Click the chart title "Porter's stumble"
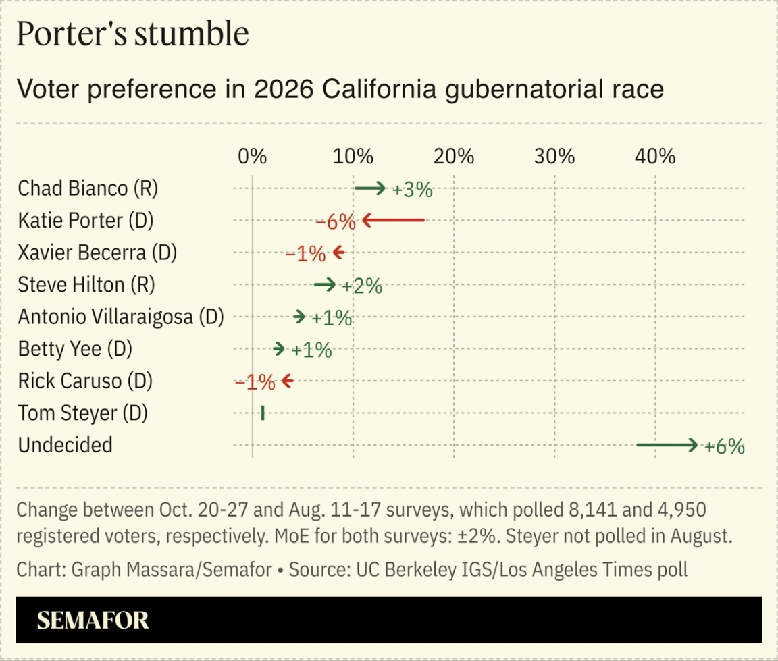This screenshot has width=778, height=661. point(132,34)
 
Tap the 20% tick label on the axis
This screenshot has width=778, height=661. point(454,157)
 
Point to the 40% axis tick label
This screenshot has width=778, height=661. point(655,157)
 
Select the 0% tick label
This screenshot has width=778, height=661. point(252,157)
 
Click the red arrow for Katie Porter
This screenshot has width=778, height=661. point(393,220)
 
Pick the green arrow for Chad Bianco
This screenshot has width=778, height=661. point(370,188)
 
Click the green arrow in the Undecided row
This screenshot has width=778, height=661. point(667,445)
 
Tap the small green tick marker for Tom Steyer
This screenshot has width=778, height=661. point(263,413)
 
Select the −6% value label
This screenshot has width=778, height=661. point(335,222)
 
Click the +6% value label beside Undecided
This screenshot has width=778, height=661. point(725,446)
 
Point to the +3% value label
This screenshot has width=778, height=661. point(412,190)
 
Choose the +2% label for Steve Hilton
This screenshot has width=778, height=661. point(362,286)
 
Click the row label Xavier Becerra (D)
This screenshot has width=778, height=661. point(97,253)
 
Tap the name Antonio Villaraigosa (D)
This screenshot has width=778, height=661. point(121,317)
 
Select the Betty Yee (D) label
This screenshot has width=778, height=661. point(75,349)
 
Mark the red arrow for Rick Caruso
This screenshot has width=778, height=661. point(287,381)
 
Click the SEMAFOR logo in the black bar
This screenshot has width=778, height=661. point(93,620)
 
